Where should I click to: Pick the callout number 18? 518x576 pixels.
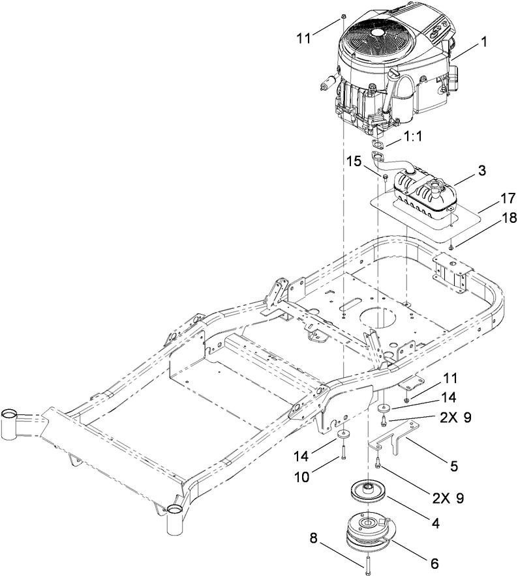click(490, 220)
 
